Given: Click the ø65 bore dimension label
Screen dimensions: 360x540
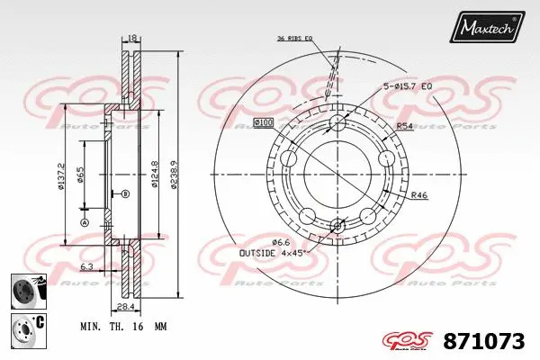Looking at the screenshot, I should click(80, 175).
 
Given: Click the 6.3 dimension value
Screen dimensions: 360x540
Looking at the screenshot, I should click(86, 267).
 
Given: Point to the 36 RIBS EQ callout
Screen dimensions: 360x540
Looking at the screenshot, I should click(294, 39).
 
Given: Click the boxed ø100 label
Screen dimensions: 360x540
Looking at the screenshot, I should click(265, 121).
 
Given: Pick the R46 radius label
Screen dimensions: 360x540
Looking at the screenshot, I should click(418, 195).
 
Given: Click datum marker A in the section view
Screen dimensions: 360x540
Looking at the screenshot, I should click(85, 222).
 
